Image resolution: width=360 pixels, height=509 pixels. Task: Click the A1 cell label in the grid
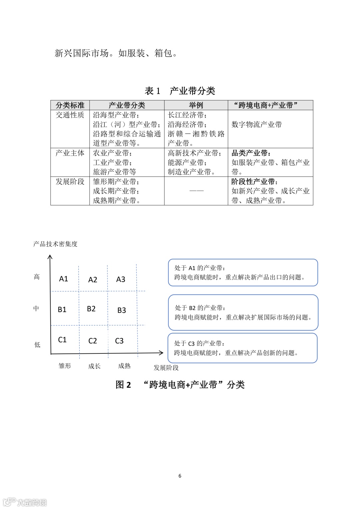click(x=63, y=279)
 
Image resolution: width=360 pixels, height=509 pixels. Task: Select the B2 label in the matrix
click(x=91, y=309)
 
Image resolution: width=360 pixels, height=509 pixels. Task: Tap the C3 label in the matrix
click(x=119, y=341)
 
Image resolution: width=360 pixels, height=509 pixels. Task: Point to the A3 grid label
click(x=121, y=279)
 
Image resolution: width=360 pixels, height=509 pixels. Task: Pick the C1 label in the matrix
click(x=62, y=340)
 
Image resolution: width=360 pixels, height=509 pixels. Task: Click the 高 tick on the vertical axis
click(x=37, y=277)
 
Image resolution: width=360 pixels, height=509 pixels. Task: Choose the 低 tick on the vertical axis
click(x=37, y=345)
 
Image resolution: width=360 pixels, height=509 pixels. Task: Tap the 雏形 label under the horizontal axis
click(x=65, y=366)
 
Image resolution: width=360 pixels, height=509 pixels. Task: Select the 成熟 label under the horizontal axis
click(x=124, y=366)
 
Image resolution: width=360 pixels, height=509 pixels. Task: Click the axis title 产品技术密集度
click(x=55, y=244)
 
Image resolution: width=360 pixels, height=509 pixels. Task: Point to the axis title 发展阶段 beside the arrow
click(x=166, y=368)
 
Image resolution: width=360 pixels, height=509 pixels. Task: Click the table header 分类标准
click(x=70, y=105)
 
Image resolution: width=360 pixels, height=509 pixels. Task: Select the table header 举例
click(x=196, y=105)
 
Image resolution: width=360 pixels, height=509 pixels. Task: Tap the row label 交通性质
click(x=70, y=115)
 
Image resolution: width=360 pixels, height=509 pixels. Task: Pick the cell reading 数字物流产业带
click(x=257, y=125)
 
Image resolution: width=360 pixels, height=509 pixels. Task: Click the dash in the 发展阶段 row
click(x=196, y=191)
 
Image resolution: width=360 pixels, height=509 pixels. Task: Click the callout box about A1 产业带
click(x=243, y=272)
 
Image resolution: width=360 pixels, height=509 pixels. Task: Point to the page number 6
click(x=180, y=476)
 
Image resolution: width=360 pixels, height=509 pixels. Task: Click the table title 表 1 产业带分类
click(x=180, y=91)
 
